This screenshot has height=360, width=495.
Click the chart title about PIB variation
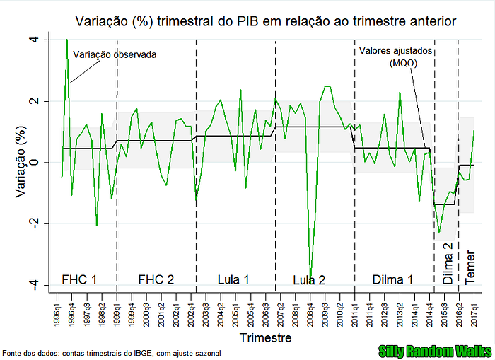(266, 21)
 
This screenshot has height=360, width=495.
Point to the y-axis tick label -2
(34, 223)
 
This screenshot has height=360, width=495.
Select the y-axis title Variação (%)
(21, 162)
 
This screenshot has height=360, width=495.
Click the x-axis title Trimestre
(265, 337)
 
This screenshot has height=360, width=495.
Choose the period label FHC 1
(79, 279)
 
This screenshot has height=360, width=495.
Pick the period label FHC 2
(156, 279)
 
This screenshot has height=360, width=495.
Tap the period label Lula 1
(233, 279)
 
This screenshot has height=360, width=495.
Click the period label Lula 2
(309, 280)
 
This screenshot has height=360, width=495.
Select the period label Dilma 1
(392, 279)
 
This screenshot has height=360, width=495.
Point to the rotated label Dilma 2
(448, 263)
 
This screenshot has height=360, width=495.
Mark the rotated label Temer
(470, 268)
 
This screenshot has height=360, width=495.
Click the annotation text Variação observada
(115, 54)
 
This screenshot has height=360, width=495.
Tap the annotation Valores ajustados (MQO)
(395, 57)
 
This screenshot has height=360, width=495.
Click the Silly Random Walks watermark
(436, 352)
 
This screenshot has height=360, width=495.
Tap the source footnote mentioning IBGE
(112, 353)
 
